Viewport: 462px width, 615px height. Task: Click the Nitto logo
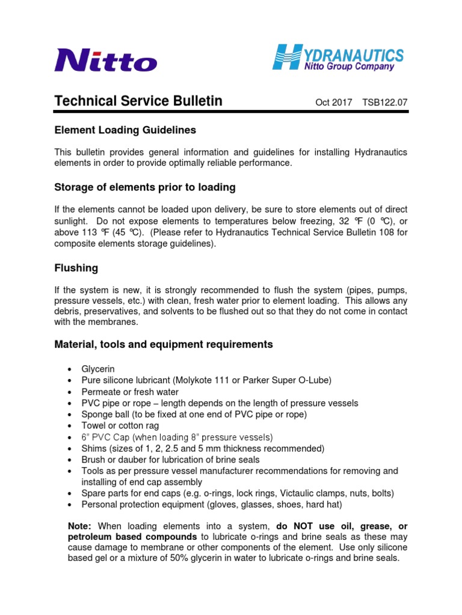click(x=106, y=60)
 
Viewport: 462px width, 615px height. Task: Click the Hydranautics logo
click(x=338, y=58)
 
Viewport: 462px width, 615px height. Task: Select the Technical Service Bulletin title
click(x=138, y=101)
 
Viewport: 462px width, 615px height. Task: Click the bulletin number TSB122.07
click(x=384, y=103)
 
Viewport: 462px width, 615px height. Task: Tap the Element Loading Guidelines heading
click(x=125, y=130)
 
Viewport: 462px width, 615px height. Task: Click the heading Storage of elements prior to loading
click(x=144, y=187)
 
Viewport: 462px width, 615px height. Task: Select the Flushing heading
click(x=76, y=267)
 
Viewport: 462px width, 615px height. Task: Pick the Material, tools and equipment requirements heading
click(x=164, y=344)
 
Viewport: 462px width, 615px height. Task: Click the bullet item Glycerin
click(x=97, y=369)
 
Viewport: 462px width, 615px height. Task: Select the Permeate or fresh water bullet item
click(x=130, y=392)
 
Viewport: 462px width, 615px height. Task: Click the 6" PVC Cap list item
click(x=177, y=437)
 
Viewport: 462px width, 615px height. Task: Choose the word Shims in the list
click(x=93, y=449)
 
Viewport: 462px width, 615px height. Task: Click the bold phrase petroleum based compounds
click(x=133, y=536)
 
